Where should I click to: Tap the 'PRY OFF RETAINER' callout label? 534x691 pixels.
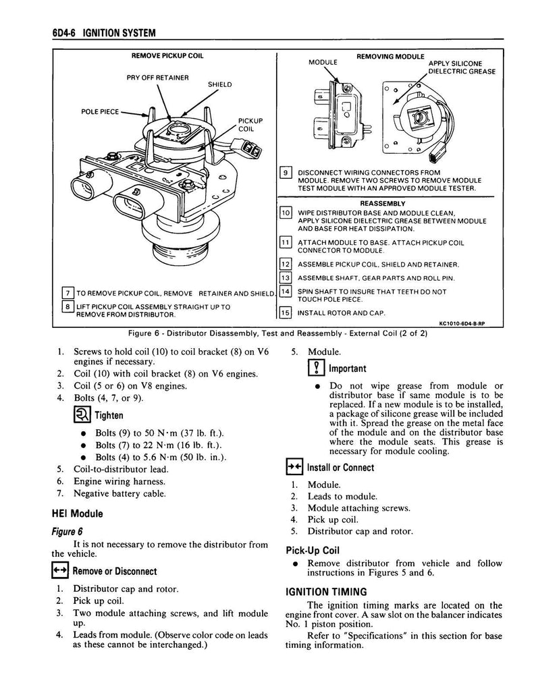(x=158, y=76)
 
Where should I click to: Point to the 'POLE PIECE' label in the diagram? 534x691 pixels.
(x=99, y=111)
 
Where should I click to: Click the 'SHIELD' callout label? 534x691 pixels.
(x=219, y=84)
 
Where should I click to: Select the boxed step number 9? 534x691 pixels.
(x=285, y=173)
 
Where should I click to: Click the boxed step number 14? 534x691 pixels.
(x=285, y=292)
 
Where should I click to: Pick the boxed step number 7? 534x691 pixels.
(x=67, y=292)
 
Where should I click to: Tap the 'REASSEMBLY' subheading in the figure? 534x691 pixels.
(x=382, y=202)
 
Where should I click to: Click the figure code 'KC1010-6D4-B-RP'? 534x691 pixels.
(x=461, y=324)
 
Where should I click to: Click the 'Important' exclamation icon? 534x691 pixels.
(x=315, y=368)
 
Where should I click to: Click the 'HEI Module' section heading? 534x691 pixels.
(x=78, y=514)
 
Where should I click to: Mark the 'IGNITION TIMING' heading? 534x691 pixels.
(x=326, y=592)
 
